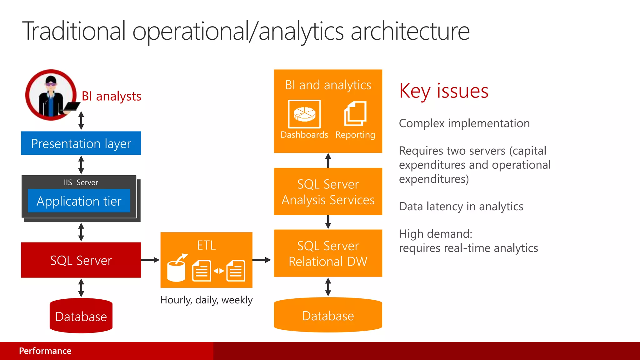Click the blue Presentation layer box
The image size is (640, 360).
pos(81,143)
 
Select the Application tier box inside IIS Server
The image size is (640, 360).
pos(79,201)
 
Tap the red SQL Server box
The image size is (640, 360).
pos(81,260)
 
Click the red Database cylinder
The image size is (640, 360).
pos(81,316)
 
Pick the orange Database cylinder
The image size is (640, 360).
pos(328,316)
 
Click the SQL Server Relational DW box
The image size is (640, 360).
pos(328,253)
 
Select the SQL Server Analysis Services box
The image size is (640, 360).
pos(328,192)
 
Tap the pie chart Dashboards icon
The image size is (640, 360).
pos(304,114)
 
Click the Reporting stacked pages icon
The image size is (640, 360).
pos(355,113)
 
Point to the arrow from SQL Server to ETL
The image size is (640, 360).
pos(150,260)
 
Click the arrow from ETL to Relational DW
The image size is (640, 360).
pos(262,260)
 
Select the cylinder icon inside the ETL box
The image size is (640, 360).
pos(176,271)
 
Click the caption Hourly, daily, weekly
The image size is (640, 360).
pos(206,300)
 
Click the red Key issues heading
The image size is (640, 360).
pos(443,91)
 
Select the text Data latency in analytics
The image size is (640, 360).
pos(461,207)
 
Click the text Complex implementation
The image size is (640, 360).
pos(464,123)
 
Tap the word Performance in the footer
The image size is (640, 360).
pos(45,351)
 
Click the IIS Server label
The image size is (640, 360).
pos(81,182)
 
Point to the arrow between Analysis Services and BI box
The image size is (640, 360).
pos(328,160)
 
